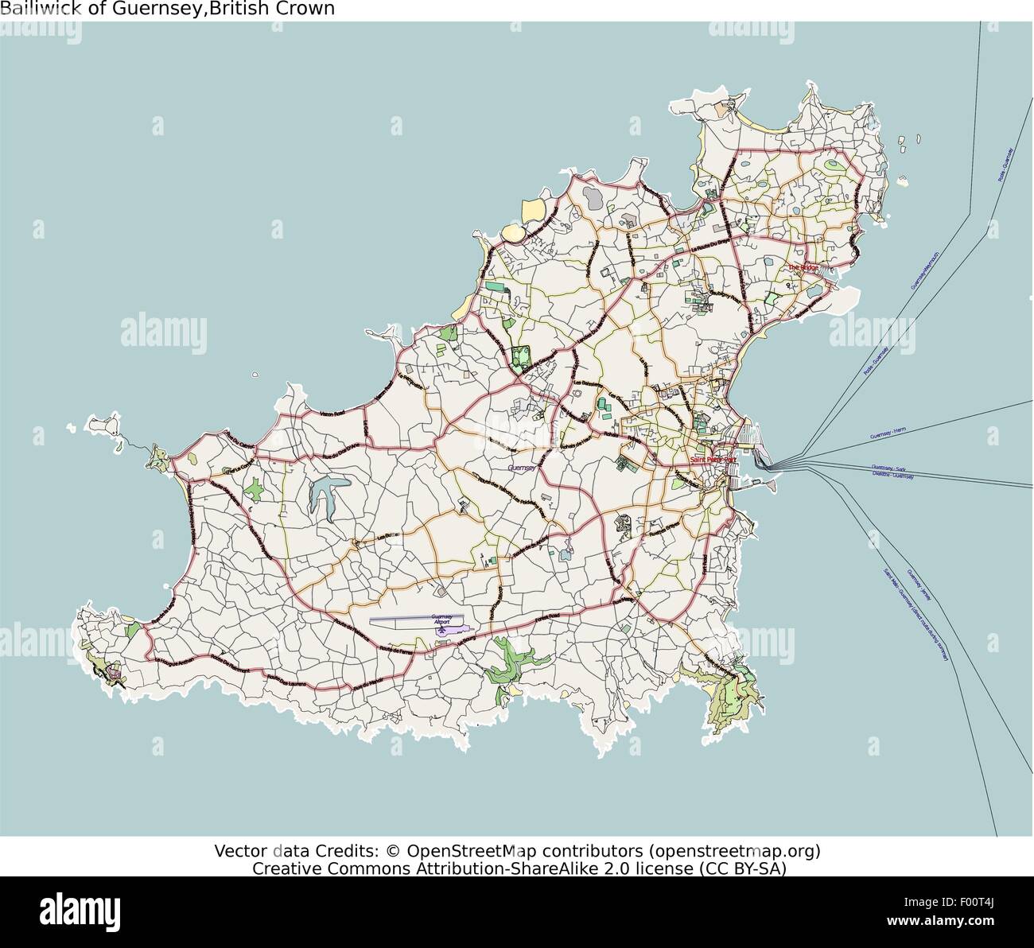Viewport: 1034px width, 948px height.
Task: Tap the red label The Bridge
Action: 803,267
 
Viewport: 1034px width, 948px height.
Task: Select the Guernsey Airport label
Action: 441,619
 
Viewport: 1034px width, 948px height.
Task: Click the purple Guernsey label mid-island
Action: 523,468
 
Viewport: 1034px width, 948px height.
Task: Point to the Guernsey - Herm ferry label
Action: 888,433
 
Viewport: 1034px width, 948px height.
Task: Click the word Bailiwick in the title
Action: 32,9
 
